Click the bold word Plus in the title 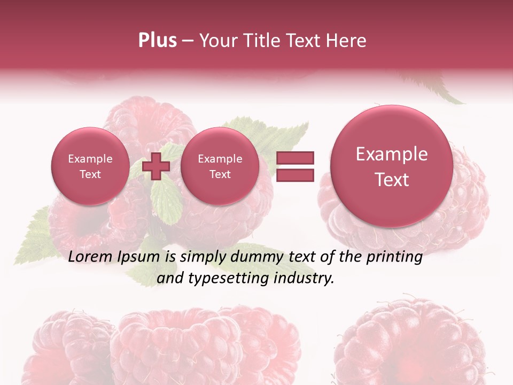click(157, 41)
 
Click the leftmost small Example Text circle click(90, 166)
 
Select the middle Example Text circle click(220, 166)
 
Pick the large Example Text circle click(392, 166)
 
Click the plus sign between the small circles click(156, 166)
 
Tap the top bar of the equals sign click(295, 158)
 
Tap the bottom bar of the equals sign click(295, 175)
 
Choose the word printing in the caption click(394, 257)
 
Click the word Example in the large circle click(392, 154)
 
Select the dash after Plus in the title click(188, 41)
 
